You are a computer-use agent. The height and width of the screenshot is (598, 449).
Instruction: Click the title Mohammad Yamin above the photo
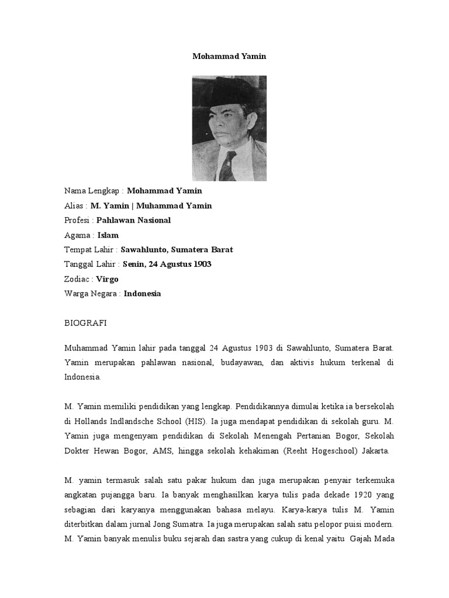click(x=229, y=57)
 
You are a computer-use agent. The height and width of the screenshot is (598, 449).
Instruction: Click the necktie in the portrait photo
click(x=227, y=163)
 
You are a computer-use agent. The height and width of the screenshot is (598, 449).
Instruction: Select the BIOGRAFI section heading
click(x=85, y=322)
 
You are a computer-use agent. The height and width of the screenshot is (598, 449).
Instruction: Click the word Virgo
click(x=107, y=279)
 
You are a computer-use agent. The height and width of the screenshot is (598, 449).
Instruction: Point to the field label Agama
click(x=78, y=235)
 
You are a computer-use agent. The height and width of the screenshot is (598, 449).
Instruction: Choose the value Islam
click(x=108, y=235)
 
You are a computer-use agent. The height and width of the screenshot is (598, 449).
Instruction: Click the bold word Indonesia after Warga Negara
click(x=142, y=294)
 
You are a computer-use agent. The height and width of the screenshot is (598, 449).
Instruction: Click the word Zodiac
click(x=78, y=279)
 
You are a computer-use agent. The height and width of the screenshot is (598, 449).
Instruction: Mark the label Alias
click(x=75, y=206)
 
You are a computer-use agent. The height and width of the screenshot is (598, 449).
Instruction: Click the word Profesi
click(x=78, y=220)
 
